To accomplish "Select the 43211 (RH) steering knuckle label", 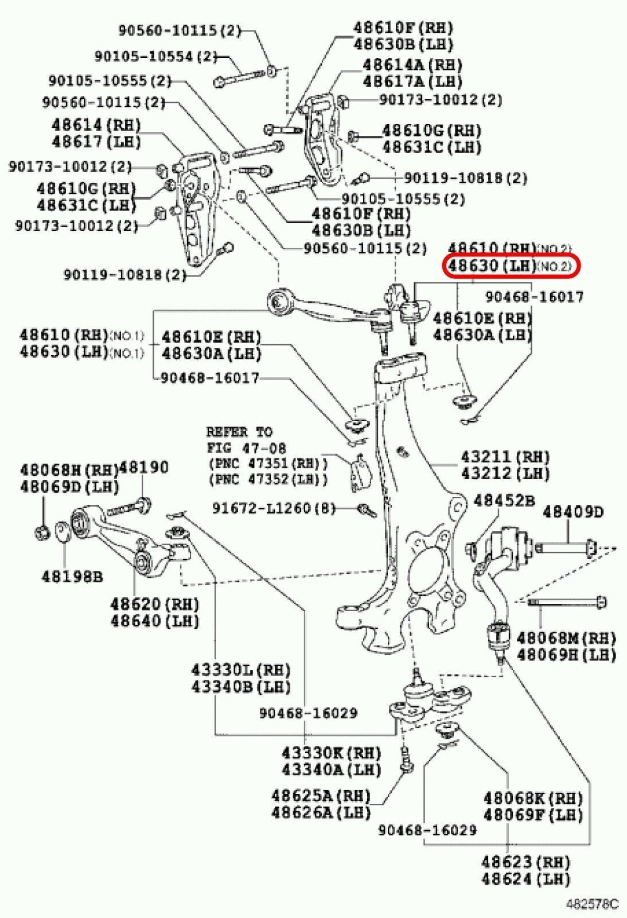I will coord(505,457).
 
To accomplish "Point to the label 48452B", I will coord(504,501).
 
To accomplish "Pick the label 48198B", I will coord(72,577).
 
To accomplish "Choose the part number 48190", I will coord(145,468).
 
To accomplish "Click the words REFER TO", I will coord(239,431).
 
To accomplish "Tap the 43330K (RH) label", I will coord(331,752).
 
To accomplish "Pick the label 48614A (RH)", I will coord(412,64).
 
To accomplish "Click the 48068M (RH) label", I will coord(566,637).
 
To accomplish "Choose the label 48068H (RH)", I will coord(69,469).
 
